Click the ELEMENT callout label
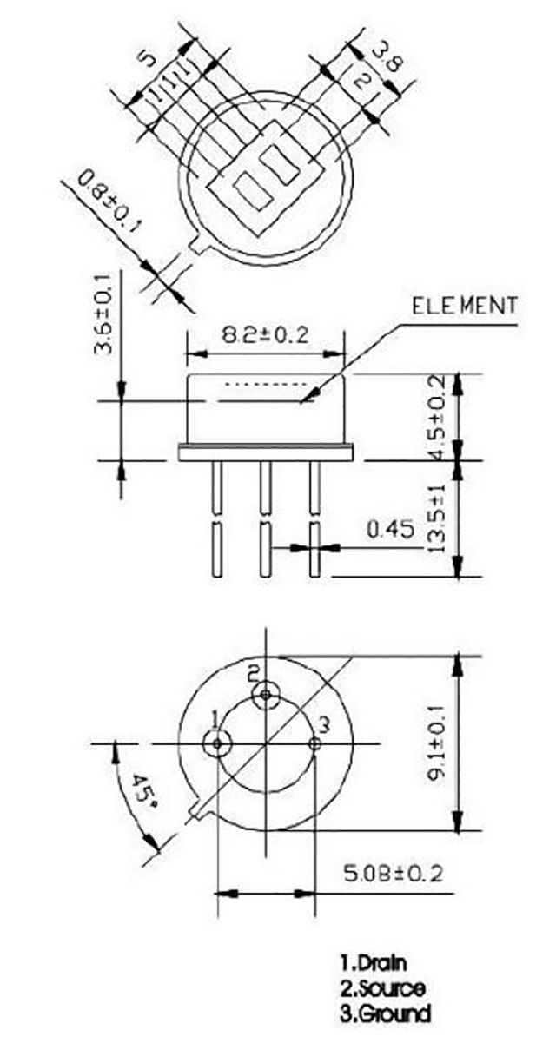tap(465, 306)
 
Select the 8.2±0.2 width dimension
tap(268, 335)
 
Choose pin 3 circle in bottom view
tap(314, 743)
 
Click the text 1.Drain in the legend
tap(374, 962)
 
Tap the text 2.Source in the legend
tap(382, 987)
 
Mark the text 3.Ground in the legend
tap(385, 1013)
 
